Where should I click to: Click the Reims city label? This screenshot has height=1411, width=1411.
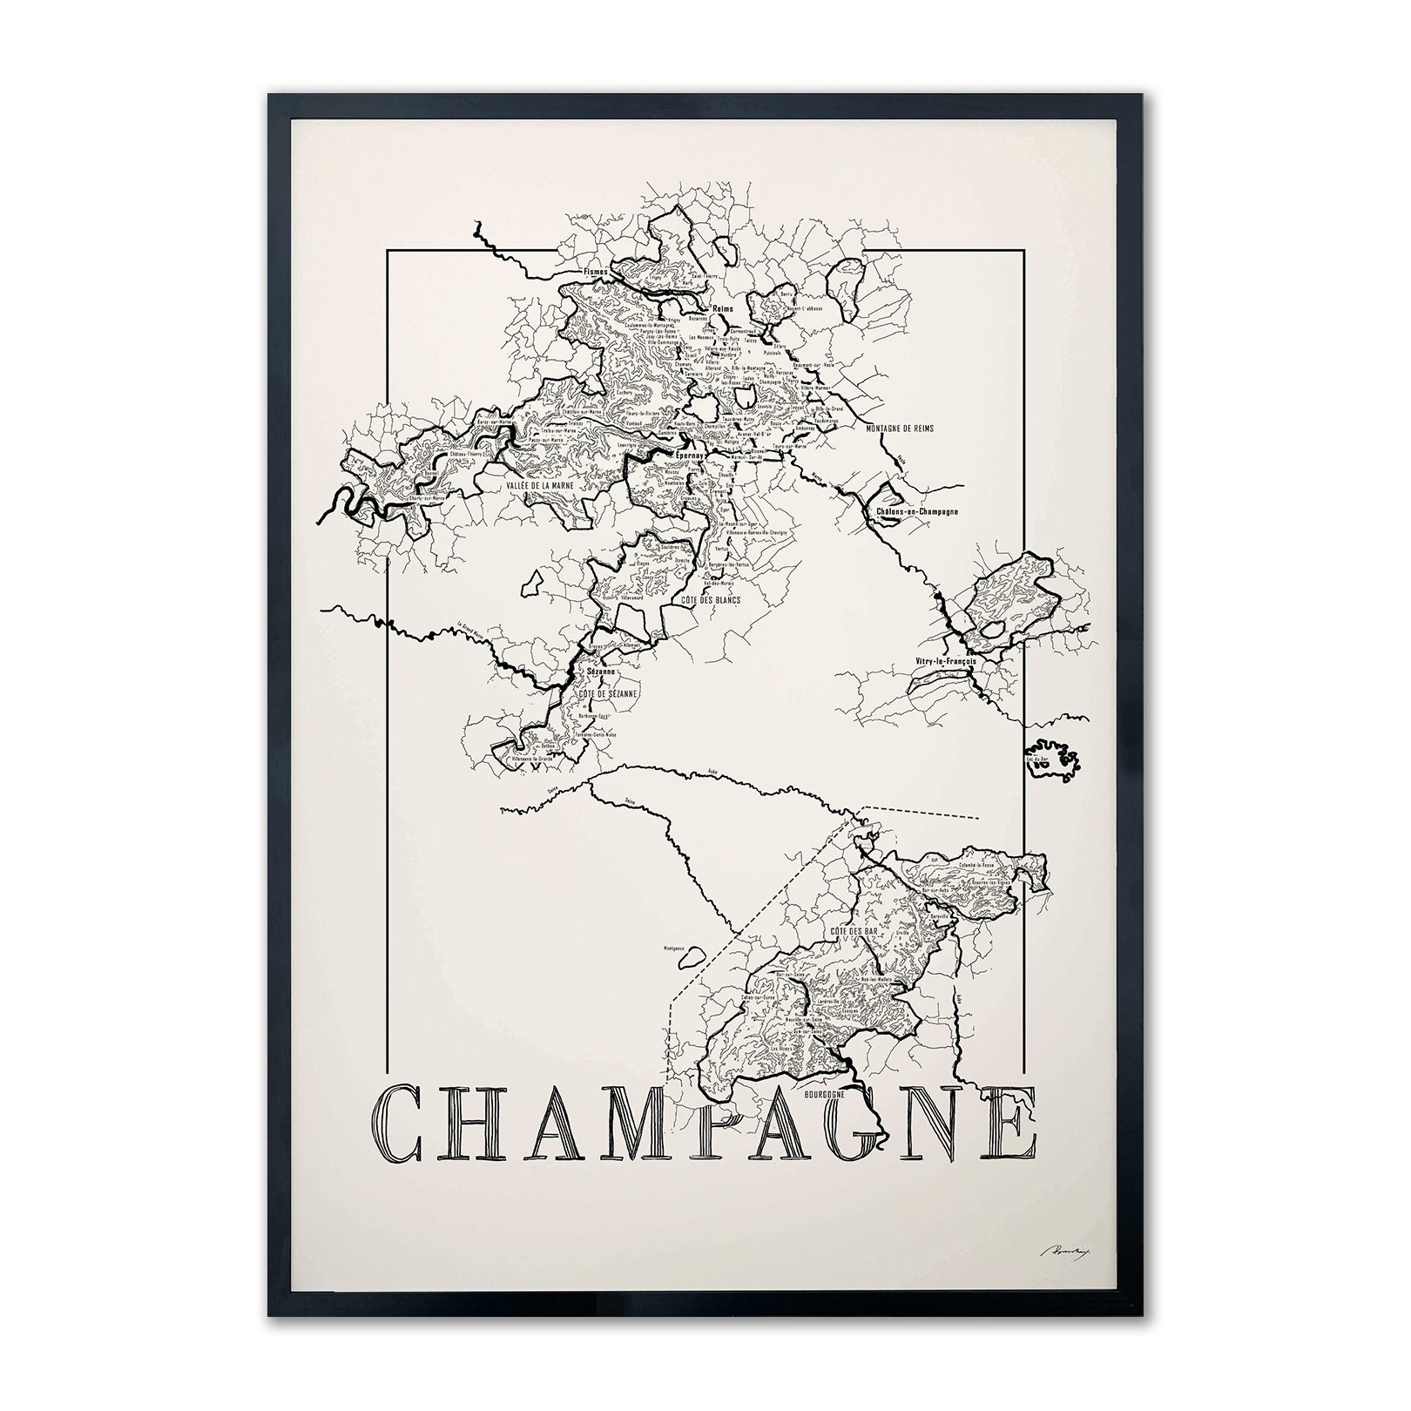pos(723,309)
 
